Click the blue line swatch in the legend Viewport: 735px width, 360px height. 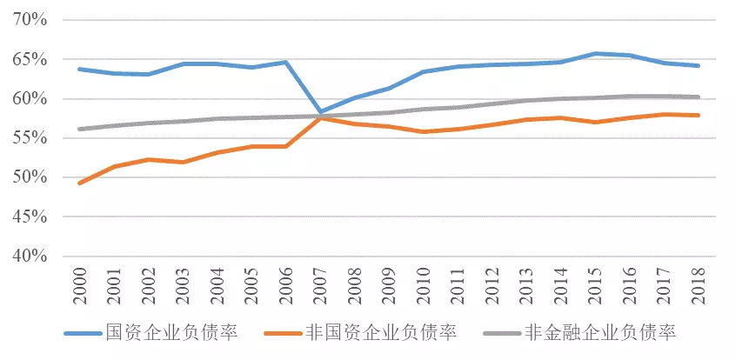tap(82, 334)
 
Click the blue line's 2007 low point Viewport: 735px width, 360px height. tap(320, 112)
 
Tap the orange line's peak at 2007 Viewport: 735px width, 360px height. tap(320, 117)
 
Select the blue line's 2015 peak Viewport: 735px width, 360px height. tap(594, 54)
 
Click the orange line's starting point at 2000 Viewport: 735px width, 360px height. tap(80, 183)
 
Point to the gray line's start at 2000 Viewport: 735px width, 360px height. tap(80, 129)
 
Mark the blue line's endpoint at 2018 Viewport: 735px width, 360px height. tap(698, 65)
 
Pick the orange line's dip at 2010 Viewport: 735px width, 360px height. tap(423, 131)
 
